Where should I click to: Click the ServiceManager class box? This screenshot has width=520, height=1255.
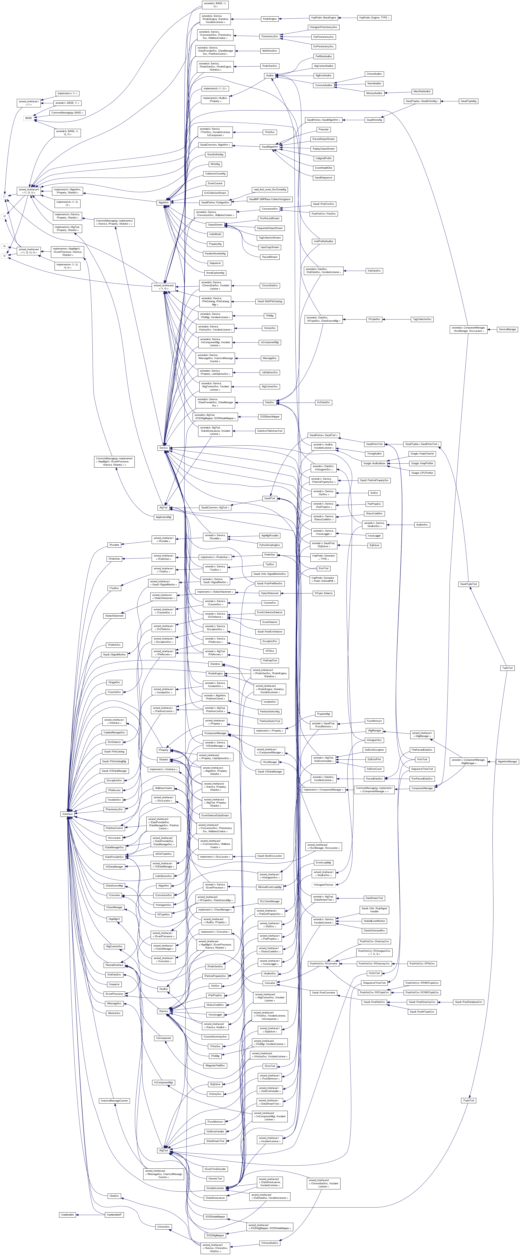(x=507, y=329)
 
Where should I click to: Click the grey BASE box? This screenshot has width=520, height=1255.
(x=29, y=118)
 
